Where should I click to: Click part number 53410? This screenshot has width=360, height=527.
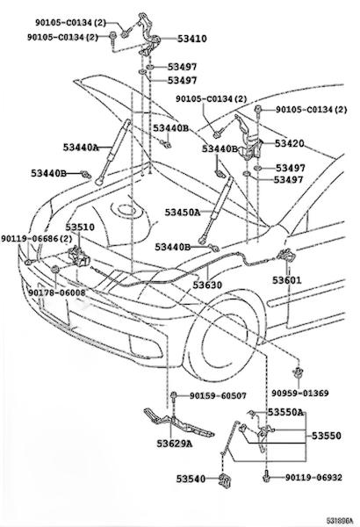tap(192, 39)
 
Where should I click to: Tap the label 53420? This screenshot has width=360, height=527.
tap(289, 143)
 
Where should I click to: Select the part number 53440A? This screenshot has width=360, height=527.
tap(81, 148)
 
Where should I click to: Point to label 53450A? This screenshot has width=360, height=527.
tap(183, 213)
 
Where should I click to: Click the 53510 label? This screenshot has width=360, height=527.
tap(80, 227)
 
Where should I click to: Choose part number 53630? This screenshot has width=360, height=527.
tap(207, 285)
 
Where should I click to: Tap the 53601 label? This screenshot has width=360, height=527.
tap(287, 280)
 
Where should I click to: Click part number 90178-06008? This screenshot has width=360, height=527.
tap(57, 292)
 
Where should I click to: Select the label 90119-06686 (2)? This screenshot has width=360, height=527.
tap(36, 239)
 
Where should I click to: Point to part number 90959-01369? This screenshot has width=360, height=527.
tap(300, 393)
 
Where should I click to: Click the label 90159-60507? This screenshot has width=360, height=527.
tap(218, 396)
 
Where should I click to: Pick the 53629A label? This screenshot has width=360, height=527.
tap(175, 444)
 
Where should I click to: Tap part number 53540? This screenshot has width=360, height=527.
tap(191, 479)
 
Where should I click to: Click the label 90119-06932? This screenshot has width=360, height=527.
tap(313, 477)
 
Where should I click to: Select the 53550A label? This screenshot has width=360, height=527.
tap(285, 412)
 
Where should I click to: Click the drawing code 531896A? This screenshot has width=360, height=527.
tap(340, 521)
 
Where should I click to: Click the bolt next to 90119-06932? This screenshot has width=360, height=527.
tap(266, 476)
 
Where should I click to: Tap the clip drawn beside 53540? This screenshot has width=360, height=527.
tap(224, 480)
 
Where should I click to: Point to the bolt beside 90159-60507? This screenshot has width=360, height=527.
tap(174, 397)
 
